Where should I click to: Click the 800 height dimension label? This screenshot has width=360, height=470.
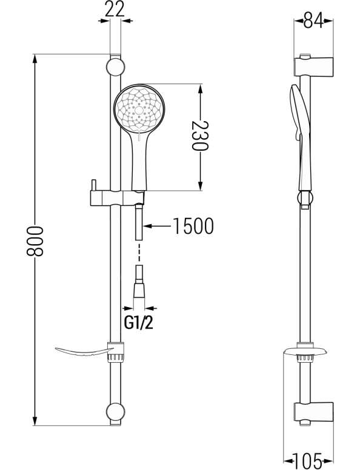35,241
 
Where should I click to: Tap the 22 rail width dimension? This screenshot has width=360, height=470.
115,10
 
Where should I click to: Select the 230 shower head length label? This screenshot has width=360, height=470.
199,136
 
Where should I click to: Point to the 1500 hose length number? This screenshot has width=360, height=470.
193,226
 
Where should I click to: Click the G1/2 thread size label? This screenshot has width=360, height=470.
138,323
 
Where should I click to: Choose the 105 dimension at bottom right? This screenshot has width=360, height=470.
307,462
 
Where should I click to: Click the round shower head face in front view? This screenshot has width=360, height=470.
139,108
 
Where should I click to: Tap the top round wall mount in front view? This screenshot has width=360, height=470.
116,67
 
